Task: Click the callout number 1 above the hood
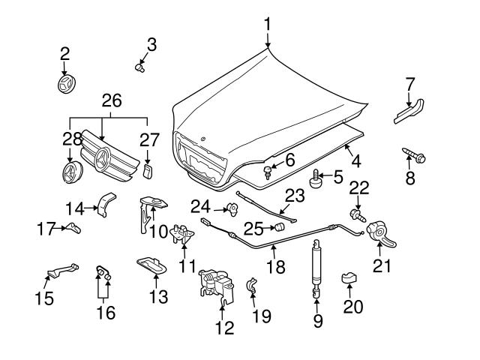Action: pos(268,25)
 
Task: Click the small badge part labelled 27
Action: pos(148,173)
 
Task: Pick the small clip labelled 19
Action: pos(253,285)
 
